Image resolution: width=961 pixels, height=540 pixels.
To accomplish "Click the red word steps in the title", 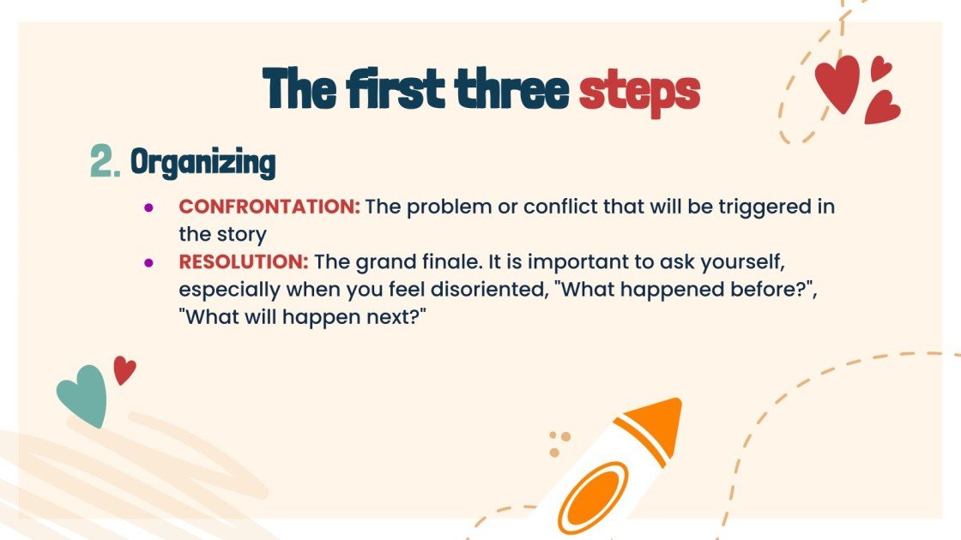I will (x=639, y=90).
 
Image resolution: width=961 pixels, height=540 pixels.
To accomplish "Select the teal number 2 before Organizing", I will (x=105, y=161).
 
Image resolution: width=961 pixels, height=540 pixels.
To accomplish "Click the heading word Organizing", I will (x=202, y=162).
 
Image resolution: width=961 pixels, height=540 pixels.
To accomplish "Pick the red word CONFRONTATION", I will (x=269, y=207).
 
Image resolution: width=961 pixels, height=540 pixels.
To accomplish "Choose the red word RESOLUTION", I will (x=243, y=261).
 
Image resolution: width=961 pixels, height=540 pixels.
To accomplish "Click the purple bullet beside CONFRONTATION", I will (x=148, y=207).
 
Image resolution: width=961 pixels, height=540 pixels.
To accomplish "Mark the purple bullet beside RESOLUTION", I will (x=148, y=261).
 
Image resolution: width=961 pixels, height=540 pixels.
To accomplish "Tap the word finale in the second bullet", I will (x=483, y=261).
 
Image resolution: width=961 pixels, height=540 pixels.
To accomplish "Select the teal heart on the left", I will (x=83, y=395).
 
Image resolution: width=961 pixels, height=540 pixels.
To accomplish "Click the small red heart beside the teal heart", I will (x=124, y=369).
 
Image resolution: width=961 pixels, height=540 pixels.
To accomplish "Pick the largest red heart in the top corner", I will (x=837, y=83).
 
